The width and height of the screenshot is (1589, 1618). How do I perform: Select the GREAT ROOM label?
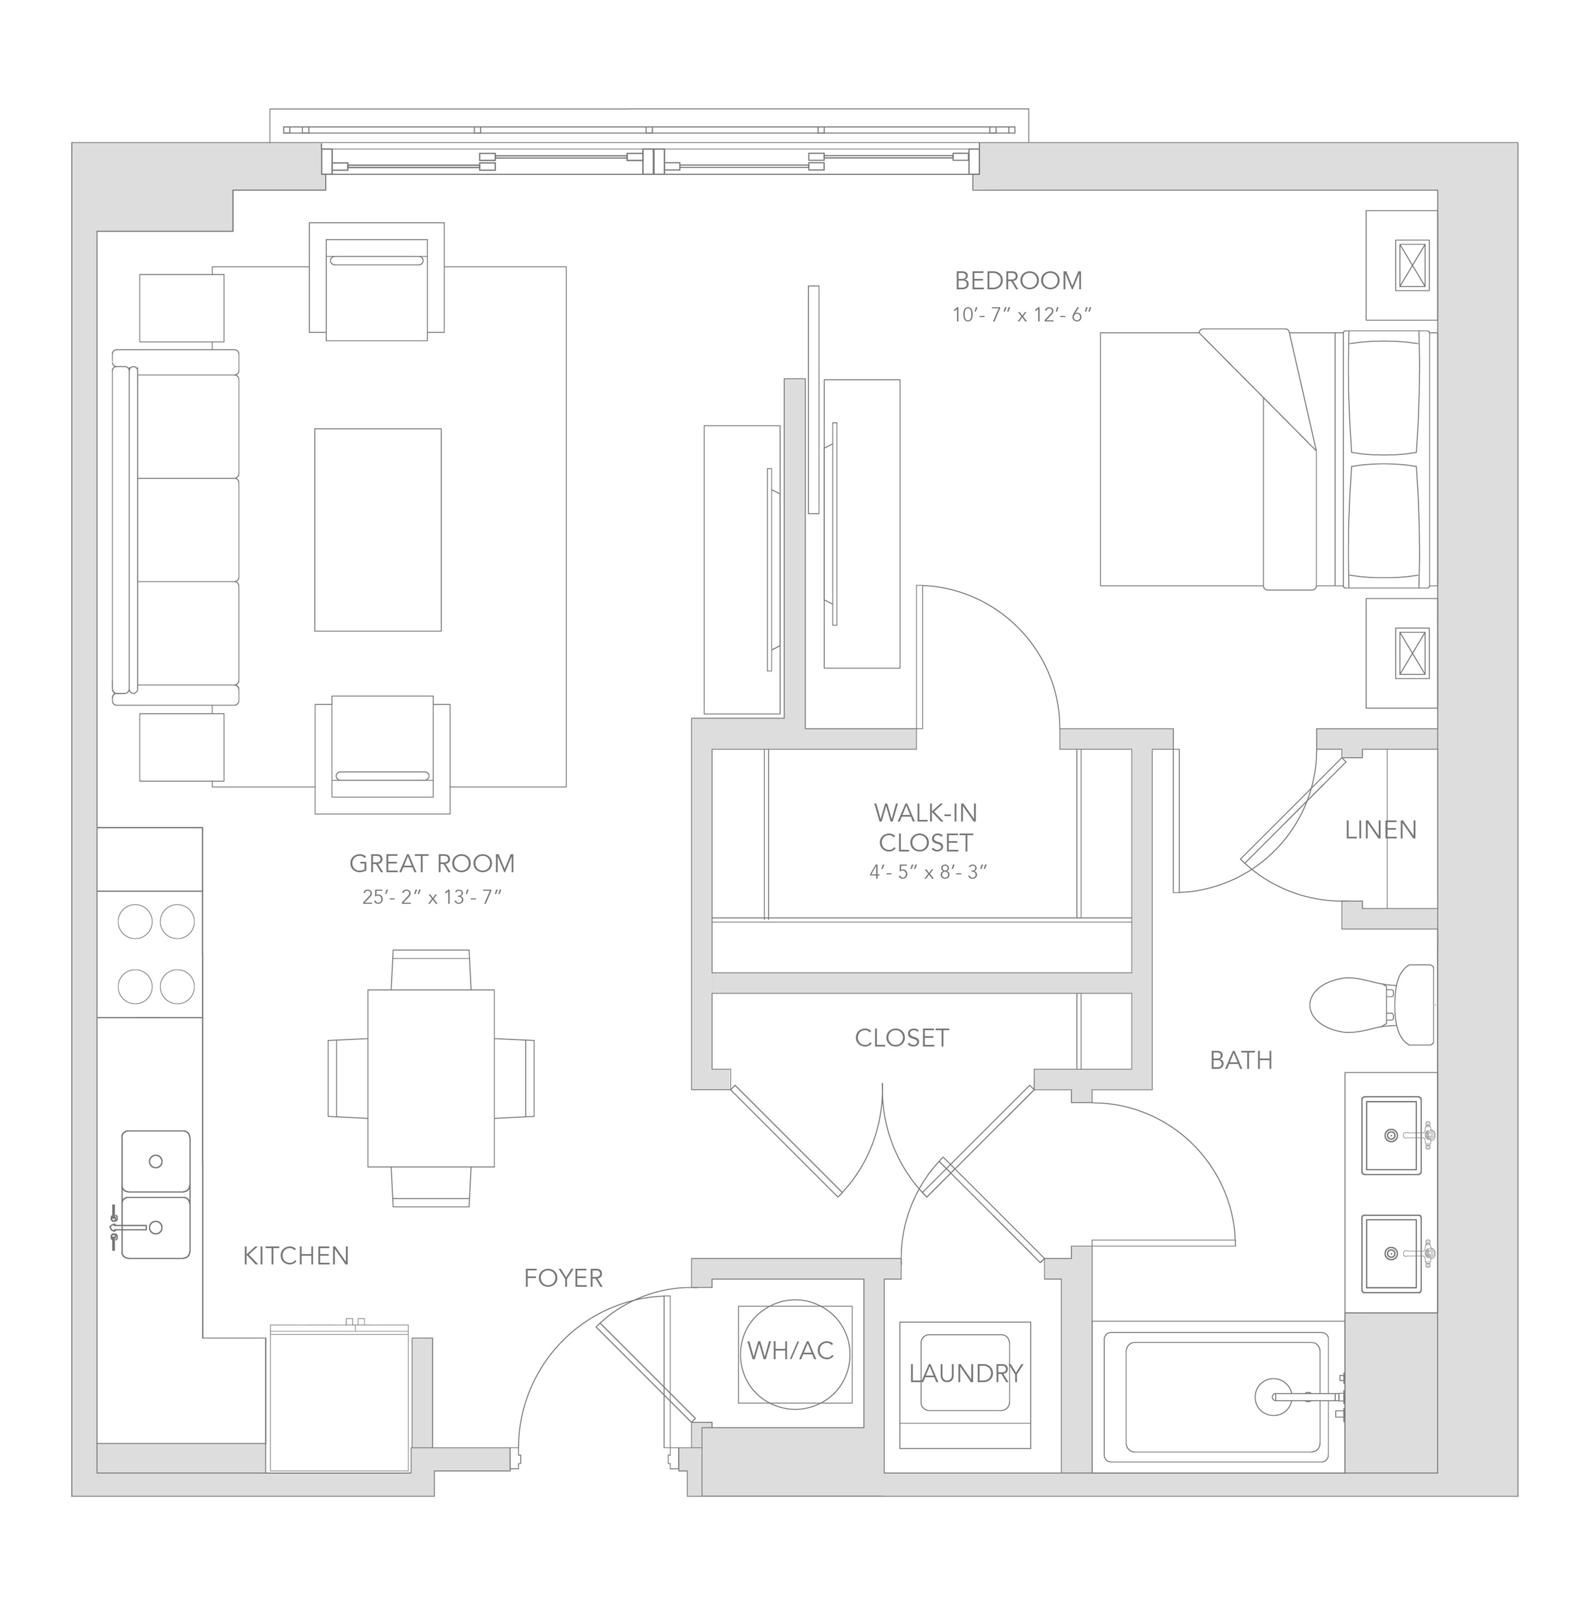pos(431,863)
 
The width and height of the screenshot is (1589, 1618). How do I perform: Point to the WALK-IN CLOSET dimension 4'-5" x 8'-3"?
pos(928,872)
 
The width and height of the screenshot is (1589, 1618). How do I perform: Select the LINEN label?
pos(1380,830)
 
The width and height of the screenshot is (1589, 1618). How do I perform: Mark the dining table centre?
pos(431,1078)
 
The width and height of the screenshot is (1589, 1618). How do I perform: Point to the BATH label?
pos(1241,1061)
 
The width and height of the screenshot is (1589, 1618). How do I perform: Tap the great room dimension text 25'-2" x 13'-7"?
pos(431,897)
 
